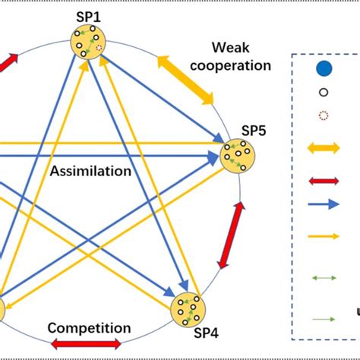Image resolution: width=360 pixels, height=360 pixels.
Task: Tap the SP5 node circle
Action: (x=239, y=156)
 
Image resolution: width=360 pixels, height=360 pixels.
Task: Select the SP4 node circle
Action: (x=186, y=308)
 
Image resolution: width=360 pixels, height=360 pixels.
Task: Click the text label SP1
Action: (x=90, y=14)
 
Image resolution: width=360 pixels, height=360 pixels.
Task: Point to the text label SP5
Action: (x=253, y=129)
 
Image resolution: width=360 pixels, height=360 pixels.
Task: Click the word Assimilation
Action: (x=91, y=171)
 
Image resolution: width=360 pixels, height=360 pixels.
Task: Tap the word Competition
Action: (x=89, y=328)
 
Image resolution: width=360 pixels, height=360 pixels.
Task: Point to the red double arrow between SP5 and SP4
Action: (x=232, y=236)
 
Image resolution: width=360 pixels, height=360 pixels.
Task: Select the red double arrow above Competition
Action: (x=85, y=344)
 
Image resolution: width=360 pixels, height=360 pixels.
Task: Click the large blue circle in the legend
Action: (x=324, y=70)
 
